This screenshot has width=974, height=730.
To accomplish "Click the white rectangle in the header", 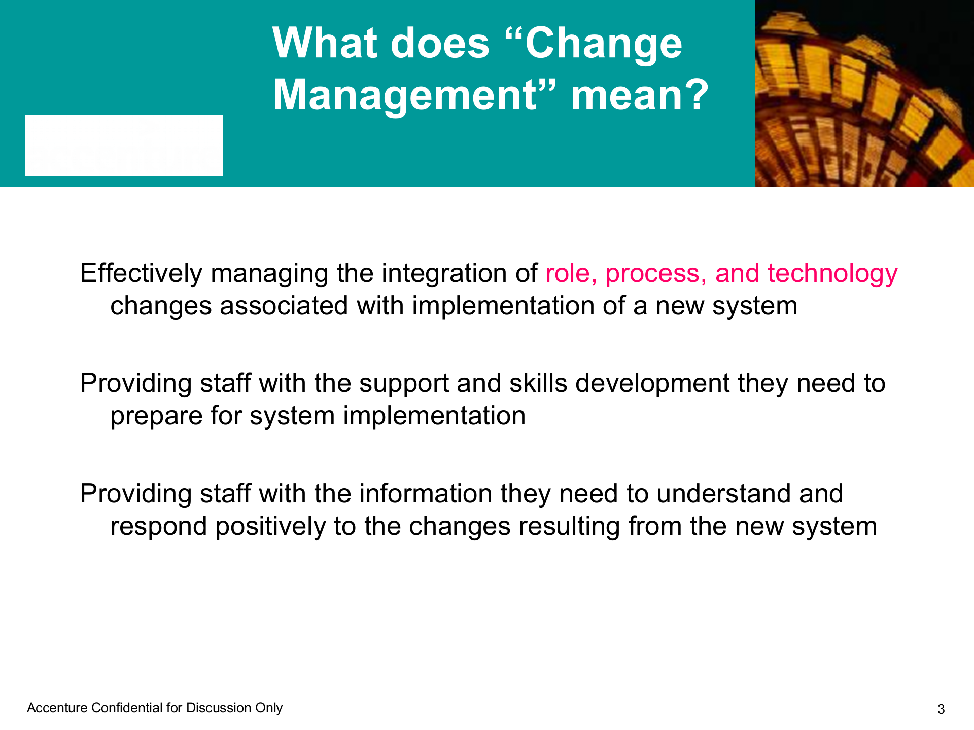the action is (124, 145).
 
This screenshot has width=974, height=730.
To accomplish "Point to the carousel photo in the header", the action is (864, 93).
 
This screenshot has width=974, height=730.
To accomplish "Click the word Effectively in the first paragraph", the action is (141, 273).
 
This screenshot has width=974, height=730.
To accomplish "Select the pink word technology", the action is (832, 274).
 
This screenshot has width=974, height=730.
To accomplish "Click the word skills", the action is (538, 383).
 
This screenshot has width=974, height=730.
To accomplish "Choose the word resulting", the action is (569, 527).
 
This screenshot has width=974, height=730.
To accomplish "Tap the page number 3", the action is (941, 709).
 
